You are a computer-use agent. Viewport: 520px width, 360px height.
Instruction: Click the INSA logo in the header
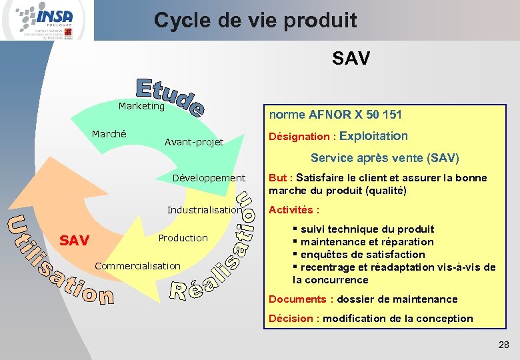[x=45, y=20]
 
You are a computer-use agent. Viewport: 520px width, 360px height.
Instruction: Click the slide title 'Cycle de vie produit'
[x=255, y=20]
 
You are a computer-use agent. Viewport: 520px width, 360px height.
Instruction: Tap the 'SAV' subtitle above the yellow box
[x=351, y=59]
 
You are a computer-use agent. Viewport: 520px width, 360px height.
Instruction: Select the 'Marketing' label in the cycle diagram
[x=141, y=106]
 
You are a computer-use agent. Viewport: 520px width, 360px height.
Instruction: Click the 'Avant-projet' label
[x=194, y=142]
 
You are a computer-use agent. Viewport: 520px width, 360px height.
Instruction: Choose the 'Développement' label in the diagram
[x=209, y=178]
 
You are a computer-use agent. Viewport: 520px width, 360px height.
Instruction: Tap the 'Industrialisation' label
[x=204, y=210]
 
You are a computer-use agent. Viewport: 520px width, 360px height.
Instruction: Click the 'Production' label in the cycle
[x=183, y=238]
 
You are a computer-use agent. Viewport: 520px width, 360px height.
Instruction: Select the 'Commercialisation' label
[x=138, y=266]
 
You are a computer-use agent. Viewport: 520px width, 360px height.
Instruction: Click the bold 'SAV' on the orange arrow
[x=75, y=240]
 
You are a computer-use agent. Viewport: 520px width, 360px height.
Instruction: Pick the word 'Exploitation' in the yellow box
[x=373, y=136]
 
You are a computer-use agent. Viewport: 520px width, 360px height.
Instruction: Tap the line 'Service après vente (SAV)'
[x=385, y=158]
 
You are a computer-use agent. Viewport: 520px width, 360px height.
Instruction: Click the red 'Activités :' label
[x=289, y=210]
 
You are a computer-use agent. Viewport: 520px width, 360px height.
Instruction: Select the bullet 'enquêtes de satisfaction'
[x=362, y=255]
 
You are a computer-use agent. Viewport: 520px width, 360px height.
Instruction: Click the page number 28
[x=503, y=345]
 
